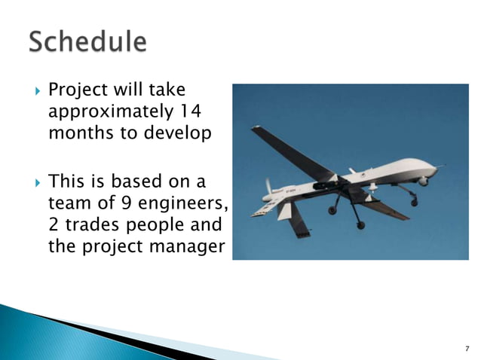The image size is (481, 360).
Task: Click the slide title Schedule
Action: (88, 41)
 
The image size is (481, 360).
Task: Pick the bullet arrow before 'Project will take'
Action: (32, 92)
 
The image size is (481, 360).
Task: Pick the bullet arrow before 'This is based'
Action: (32, 182)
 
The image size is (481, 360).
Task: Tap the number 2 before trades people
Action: (53, 225)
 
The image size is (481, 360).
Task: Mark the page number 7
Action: (466, 348)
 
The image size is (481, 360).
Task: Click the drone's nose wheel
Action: (413, 201)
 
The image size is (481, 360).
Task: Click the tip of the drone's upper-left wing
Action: (256, 129)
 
